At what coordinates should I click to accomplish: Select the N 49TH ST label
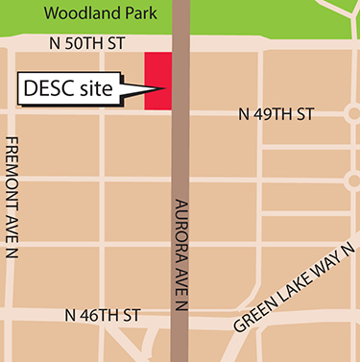276,114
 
